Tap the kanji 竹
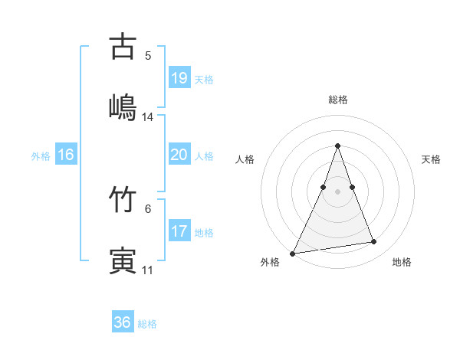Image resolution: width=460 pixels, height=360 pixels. coord(123,200)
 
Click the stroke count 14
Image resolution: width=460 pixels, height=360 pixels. coord(148,117)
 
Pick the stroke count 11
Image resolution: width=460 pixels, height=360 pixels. coord(148,270)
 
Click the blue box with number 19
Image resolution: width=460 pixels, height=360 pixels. coord(179,78)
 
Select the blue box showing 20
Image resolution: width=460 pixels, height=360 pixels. coord(179,155)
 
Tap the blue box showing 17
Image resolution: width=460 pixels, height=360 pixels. coord(179,231)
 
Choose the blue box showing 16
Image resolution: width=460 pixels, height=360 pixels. coord(66,155)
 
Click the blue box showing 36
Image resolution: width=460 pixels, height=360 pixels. coord(123,322)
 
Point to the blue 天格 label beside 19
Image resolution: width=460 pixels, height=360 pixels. coord(204,80)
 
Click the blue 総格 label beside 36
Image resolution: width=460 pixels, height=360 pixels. coord(147,324)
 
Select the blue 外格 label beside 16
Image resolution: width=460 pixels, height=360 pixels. coord(41,156)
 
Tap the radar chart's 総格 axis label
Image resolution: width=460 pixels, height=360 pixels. coord(338,100)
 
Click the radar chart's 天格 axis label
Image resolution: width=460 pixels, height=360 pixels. coord(432,159)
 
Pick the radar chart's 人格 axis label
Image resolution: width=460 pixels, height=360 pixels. coord(245,159)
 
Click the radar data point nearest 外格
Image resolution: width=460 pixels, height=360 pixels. coord(293,253)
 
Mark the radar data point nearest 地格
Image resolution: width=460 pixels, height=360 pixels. coord(374,242)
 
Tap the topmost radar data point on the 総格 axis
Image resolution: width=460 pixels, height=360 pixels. coord(338,146)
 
